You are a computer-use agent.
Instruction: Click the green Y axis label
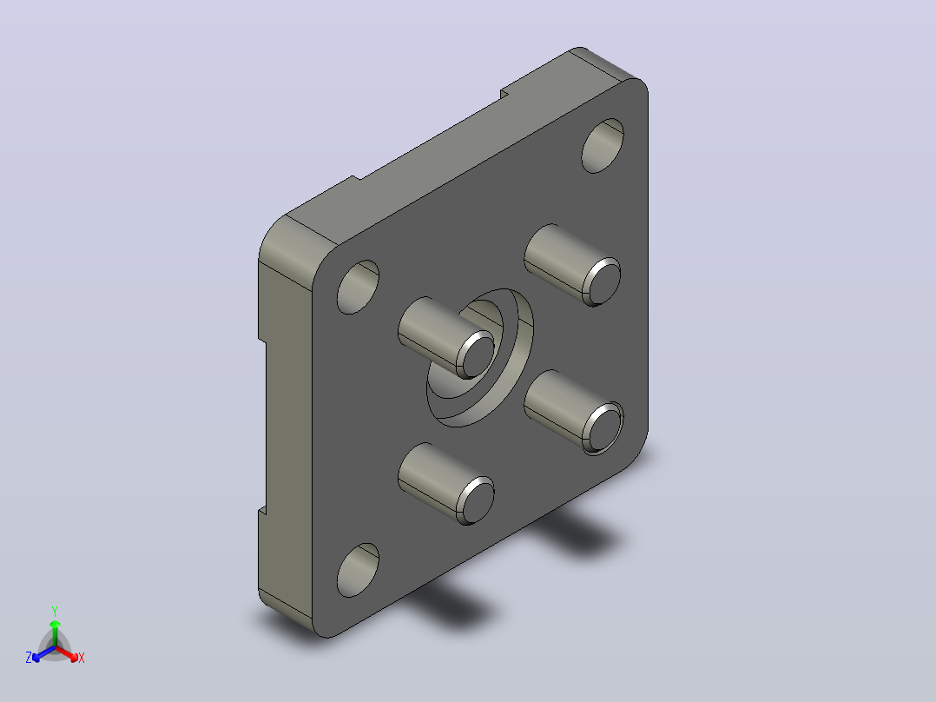pyautogui.click(x=55, y=611)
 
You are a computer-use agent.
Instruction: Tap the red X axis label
pyautogui.click(x=82, y=658)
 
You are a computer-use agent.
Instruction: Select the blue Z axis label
pyautogui.click(x=29, y=658)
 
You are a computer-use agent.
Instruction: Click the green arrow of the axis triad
pyautogui.click(x=55, y=632)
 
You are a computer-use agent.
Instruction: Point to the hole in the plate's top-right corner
pyautogui.click(x=603, y=146)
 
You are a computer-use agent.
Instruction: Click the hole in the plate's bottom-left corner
pyautogui.click(x=358, y=570)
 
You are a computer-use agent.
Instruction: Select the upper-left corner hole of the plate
pyautogui.click(x=358, y=287)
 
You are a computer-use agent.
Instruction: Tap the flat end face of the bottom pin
pyautogui.click(x=476, y=500)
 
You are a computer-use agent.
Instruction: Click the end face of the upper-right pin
pyautogui.click(x=602, y=282)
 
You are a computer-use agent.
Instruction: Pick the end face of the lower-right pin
pyautogui.click(x=602, y=428)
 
